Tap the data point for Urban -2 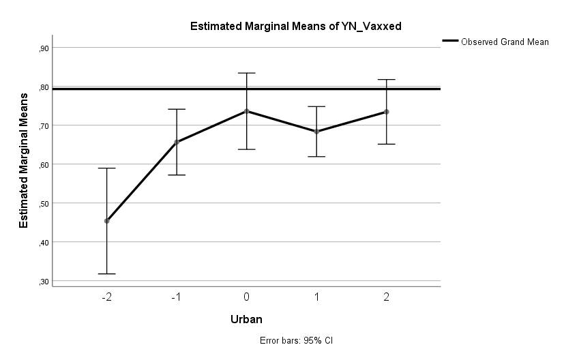[x=106, y=221]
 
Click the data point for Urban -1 [x=177, y=142]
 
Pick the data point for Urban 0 [x=246, y=111]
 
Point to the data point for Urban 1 [x=316, y=132]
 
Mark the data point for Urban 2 [x=387, y=112]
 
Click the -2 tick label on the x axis [x=106, y=297]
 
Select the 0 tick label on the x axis [x=246, y=297]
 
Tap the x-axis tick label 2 [x=387, y=297]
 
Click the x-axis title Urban [x=246, y=318]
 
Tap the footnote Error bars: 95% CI [x=295, y=340]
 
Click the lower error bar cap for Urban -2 [x=106, y=273]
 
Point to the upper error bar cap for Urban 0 [x=246, y=73]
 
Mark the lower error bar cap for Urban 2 [x=387, y=144]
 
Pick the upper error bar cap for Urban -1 [x=177, y=109]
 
